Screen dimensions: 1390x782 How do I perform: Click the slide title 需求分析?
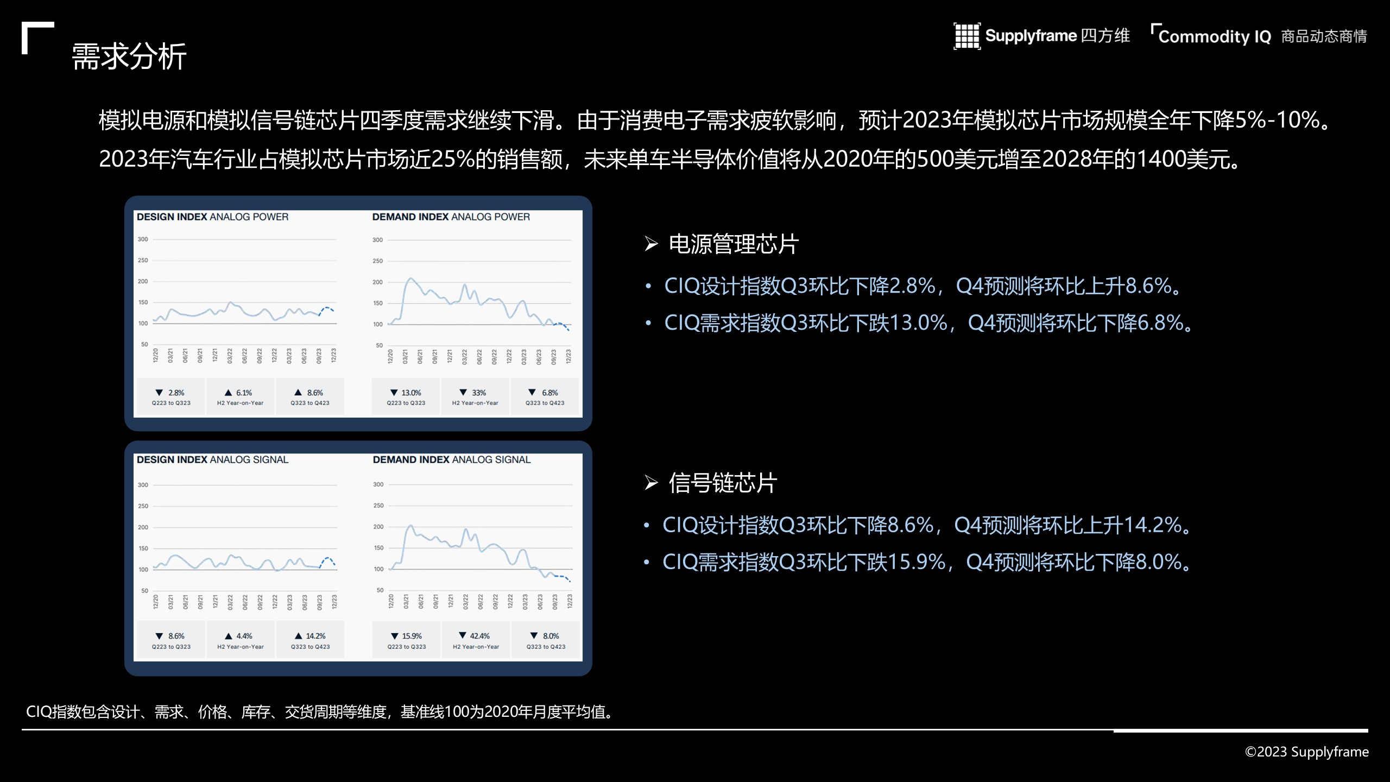click(x=129, y=56)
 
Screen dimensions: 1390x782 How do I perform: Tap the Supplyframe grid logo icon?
click(x=967, y=36)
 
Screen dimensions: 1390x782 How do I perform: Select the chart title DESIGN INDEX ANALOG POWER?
click(x=212, y=217)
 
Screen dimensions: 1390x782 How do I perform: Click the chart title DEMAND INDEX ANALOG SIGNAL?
click(x=452, y=459)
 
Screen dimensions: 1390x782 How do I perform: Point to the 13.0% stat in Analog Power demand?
click(x=411, y=393)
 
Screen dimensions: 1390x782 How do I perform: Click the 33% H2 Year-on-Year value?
click(x=479, y=393)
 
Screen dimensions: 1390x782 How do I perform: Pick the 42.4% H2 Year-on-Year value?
click(x=479, y=636)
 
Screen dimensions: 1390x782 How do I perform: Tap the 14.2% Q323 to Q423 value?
click(x=315, y=636)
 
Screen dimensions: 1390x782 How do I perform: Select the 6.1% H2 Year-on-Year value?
click(x=244, y=393)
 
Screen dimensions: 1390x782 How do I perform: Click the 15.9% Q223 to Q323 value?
click(x=412, y=636)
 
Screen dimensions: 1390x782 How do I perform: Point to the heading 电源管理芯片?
click(x=734, y=244)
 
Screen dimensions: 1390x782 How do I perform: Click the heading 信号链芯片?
click(x=723, y=483)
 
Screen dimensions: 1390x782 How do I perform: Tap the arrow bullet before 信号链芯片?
click(x=652, y=482)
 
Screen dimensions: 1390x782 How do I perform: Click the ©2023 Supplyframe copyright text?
click(x=1306, y=752)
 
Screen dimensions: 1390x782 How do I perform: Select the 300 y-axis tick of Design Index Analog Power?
click(x=143, y=239)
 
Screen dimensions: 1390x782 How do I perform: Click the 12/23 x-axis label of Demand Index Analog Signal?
click(x=570, y=601)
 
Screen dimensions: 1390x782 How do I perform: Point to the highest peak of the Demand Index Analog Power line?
click(x=410, y=279)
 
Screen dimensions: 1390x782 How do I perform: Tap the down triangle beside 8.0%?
click(x=534, y=635)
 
